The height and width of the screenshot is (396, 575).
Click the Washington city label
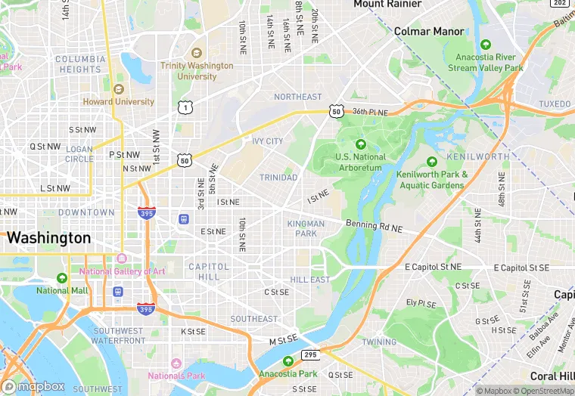(x=48, y=237)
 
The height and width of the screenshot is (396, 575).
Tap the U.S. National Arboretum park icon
(x=360, y=144)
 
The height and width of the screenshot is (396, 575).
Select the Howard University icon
(x=118, y=88)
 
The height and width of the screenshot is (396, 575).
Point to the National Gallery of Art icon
(x=122, y=259)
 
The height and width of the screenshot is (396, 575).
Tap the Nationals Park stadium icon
(x=176, y=364)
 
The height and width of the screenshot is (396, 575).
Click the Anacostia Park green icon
(x=287, y=361)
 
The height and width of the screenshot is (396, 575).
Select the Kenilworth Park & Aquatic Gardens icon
(x=432, y=162)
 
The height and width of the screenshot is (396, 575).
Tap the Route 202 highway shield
(x=561, y=4)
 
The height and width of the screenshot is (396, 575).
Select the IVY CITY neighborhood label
(x=267, y=141)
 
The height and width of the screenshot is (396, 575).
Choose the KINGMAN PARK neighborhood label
(x=306, y=228)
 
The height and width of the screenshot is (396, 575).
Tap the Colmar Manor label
(x=429, y=31)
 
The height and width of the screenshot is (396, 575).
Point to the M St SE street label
(x=284, y=342)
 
